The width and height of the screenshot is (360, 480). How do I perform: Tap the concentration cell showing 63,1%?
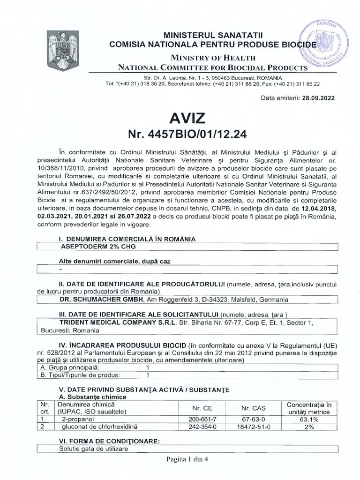click(x=309, y=419)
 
